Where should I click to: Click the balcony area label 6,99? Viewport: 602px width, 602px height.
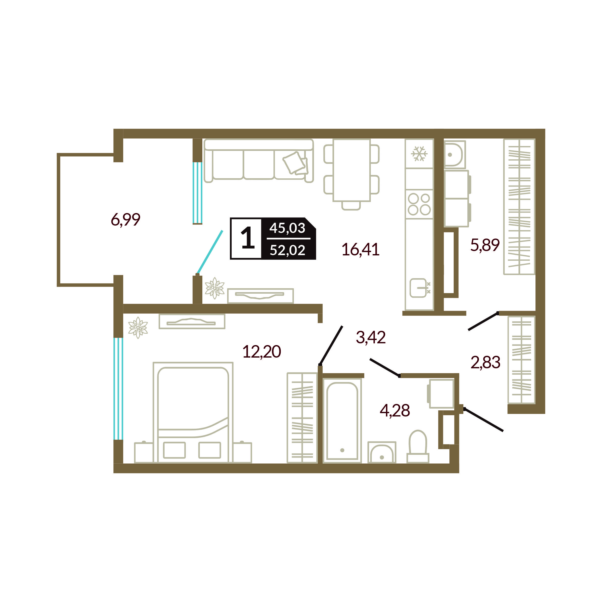point(126,220)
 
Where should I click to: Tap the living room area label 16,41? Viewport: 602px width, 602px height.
point(361,249)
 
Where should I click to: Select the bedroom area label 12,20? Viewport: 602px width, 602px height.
point(262,351)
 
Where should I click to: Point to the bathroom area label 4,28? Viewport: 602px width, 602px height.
point(395,410)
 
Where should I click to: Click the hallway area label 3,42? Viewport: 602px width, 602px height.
point(371,337)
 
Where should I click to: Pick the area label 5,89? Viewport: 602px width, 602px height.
point(485,245)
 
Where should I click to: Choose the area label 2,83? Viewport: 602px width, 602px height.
point(486,362)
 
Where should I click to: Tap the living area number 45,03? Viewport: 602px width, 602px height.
point(287,228)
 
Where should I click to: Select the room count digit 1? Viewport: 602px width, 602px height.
point(248,238)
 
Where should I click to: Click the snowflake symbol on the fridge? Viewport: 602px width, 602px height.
point(420,154)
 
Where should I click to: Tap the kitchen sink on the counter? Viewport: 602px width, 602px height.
point(418,288)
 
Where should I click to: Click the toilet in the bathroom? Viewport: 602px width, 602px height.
point(417,446)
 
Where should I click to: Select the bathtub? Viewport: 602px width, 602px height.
point(342,421)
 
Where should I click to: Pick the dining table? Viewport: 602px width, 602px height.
point(351,170)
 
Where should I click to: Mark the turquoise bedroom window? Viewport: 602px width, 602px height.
point(119,389)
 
